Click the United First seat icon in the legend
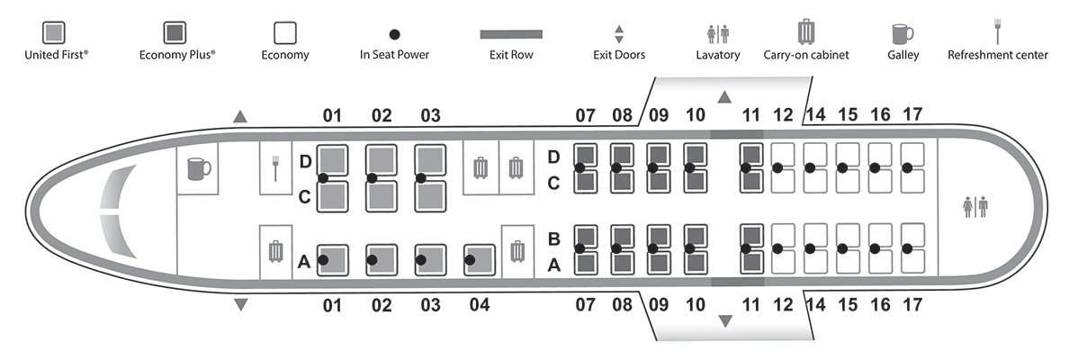(55, 32)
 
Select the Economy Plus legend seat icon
(175, 32)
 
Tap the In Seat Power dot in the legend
(394, 34)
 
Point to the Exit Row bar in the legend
(511, 34)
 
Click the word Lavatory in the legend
(717, 55)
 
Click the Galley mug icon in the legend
(901, 34)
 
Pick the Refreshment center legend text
(997, 55)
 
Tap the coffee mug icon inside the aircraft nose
(198, 168)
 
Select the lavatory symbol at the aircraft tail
(975, 207)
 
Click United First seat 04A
(480, 259)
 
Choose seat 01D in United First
(334, 160)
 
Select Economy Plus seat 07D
(586, 156)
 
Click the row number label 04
(480, 305)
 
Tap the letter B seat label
(554, 239)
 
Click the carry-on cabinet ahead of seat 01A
(276, 251)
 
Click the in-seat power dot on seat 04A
(470, 260)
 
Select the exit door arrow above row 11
(725, 95)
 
